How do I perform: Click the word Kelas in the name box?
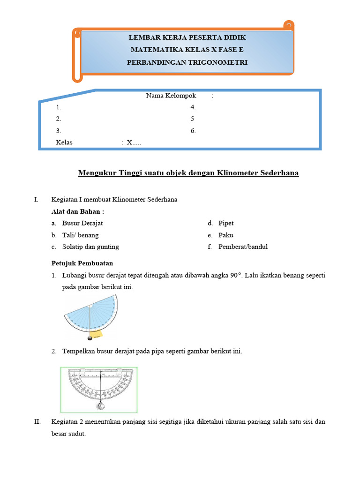tap(64, 142)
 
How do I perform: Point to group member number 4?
tap(193, 107)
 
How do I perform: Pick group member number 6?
tap(193, 131)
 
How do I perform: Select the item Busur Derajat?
tap(82, 223)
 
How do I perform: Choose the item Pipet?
tap(226, 223)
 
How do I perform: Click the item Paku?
tap(225, 235)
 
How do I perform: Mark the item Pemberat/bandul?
tap(243, 247)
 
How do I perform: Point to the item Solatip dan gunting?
tap(90, 247)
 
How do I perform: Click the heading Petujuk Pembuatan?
tap(82, 263)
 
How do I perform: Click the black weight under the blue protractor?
tap(90, 338)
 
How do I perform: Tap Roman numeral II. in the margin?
tap(37, 422)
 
